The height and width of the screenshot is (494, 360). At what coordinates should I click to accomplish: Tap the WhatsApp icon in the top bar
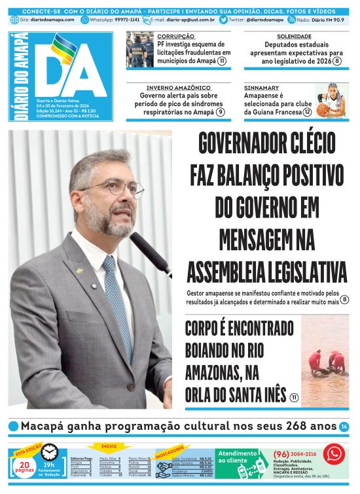(x=85, y=20)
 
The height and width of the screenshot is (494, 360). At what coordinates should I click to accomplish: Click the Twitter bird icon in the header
(x=224, y=20)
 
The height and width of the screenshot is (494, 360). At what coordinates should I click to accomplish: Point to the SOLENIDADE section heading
(x=295, y=36)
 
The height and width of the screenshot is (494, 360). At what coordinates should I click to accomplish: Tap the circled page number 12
(x=307, y=112)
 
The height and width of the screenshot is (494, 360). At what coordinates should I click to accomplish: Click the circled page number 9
(x=221, y=112)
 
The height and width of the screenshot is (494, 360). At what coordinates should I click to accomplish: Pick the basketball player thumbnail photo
(x=331, y=100)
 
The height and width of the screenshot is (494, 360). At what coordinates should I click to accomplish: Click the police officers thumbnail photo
(x=139, y=49)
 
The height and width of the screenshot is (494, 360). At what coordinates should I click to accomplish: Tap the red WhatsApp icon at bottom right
(x=334, y=453)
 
